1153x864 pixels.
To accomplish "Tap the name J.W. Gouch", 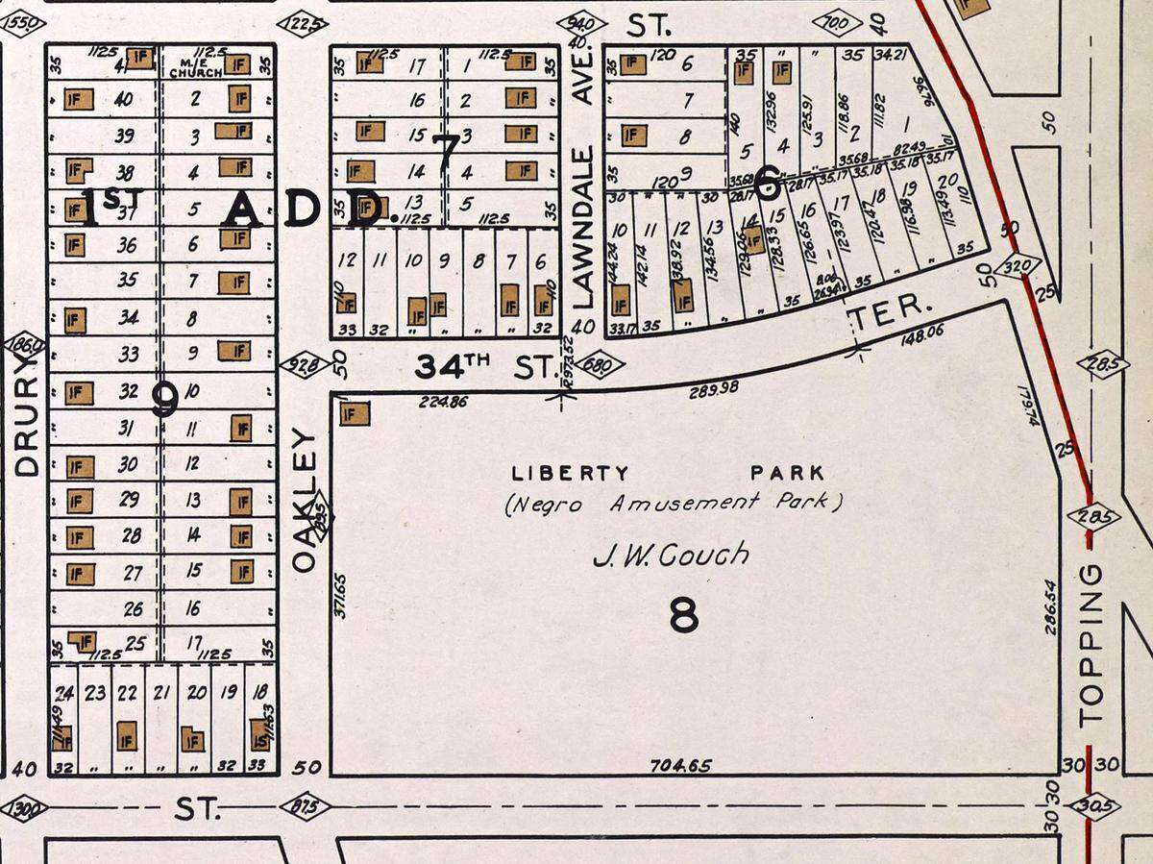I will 671,555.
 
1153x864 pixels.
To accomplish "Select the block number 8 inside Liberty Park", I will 683,616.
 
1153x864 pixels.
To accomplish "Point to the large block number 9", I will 164,399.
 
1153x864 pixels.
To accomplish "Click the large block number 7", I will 445,154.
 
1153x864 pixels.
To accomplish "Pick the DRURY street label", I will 26,425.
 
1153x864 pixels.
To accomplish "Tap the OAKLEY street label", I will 304,502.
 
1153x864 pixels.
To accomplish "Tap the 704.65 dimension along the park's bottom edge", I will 680,766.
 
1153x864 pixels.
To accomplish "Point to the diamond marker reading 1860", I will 24,343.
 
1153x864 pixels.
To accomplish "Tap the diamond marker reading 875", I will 305,807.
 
